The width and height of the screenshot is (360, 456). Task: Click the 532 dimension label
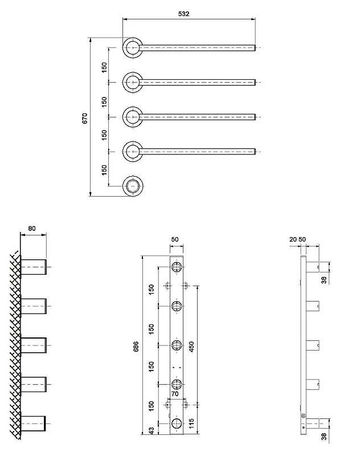coord(183,14)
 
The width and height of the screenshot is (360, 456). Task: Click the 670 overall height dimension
coord(84,119)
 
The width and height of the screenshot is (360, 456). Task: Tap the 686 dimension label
coord(136,347)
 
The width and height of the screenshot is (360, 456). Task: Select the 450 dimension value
coord(191,347)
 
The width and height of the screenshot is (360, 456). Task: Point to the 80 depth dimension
coord(32,229)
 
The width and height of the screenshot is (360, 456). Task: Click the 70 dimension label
coord(175,394)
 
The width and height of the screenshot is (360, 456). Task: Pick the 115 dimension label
coord(191,424)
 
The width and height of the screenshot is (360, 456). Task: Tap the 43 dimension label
coord(152,431)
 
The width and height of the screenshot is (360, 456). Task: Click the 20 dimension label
coord(293,239)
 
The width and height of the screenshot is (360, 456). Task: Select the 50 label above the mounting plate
coord(175,239)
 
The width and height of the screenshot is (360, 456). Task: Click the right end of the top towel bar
coord(255,48)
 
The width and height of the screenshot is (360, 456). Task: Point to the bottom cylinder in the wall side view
coord(34,424)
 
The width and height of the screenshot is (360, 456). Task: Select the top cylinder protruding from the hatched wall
coord(34,267)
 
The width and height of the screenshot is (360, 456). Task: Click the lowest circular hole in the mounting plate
coord(177,424)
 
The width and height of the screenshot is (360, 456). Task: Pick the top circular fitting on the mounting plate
coord(177,267)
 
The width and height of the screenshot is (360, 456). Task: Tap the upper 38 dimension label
coord(324,280)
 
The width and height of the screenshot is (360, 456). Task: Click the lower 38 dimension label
coord(324,437)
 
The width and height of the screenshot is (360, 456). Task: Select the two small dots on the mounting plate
coord(177,368)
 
